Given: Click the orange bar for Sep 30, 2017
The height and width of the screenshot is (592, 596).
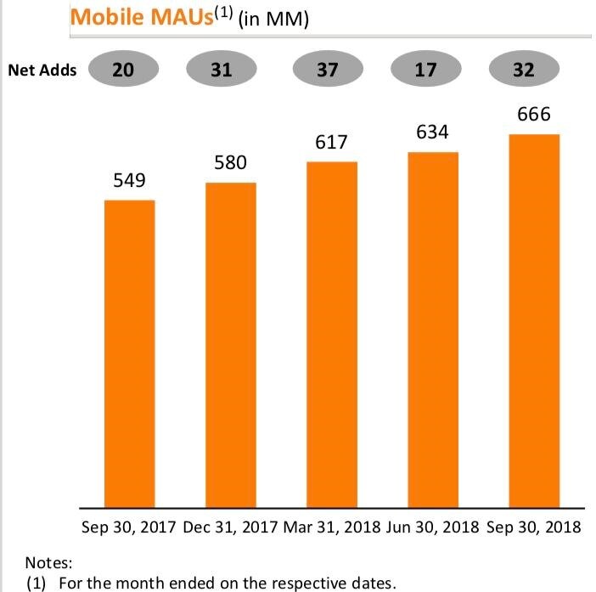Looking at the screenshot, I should tap(129, 352).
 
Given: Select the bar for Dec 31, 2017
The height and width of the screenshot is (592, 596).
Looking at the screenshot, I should tap(230, 344).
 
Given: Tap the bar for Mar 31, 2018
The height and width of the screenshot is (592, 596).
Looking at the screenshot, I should tap(331, 333).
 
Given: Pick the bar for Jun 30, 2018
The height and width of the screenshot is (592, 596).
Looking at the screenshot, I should tap(432, 329).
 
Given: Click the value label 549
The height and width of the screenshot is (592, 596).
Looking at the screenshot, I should tap(129, 181).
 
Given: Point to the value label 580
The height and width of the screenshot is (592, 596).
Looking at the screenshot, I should tap(230, 162).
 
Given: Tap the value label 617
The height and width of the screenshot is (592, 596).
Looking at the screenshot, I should tap(331, 143).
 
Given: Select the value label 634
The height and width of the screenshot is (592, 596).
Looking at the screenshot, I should tap(432, 132).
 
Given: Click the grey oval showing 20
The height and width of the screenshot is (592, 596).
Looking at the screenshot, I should tap(122, 70).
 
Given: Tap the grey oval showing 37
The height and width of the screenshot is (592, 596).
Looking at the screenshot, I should tap(327, 70).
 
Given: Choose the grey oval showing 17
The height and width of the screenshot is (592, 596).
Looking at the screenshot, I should tap(425, 70).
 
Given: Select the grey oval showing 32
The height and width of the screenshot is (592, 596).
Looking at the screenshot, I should tap(524, 70).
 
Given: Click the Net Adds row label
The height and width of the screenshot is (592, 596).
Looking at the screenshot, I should tap(42, 70).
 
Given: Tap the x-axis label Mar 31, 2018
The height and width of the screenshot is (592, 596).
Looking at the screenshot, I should tap(332, 527).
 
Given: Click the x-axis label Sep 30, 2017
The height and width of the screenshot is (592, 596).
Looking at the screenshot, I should tap(129, 527).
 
